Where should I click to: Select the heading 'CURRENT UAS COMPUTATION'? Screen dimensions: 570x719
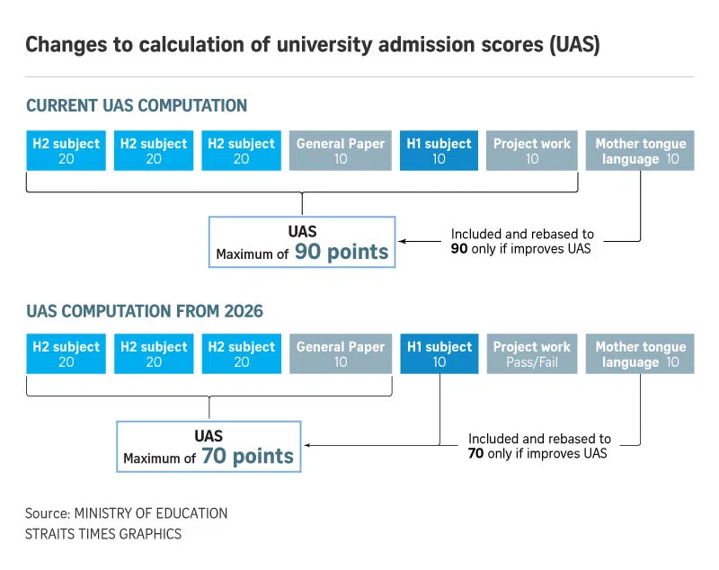[137, 106]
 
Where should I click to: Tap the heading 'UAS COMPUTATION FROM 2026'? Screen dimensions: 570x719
[145, 311]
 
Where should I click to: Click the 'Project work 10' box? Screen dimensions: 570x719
[532, 150]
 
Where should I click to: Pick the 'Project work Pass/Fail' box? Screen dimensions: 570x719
[532, 354]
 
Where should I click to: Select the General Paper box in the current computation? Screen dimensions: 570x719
[341, 150]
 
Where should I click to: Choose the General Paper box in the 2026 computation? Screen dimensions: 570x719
[341, 354]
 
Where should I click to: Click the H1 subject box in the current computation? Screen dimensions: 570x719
[439, 150]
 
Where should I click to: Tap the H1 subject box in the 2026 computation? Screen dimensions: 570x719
[439, 354]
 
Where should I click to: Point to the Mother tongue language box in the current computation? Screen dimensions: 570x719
[640, 150]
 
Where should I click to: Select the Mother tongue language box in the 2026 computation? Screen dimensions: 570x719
[640, 354]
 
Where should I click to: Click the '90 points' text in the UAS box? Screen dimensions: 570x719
[342, 253]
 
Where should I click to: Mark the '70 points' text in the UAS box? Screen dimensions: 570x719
[247, 457]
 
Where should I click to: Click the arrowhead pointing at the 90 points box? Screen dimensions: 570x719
[403, 241]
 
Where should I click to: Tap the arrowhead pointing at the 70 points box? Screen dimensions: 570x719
[308, 444]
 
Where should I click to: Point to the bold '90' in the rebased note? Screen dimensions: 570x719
[458, 249]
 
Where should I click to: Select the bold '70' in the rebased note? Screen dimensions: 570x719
[475, 453]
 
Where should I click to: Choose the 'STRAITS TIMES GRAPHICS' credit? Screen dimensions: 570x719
[103, 534]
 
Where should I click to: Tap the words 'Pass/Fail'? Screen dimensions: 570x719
[532, 362]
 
